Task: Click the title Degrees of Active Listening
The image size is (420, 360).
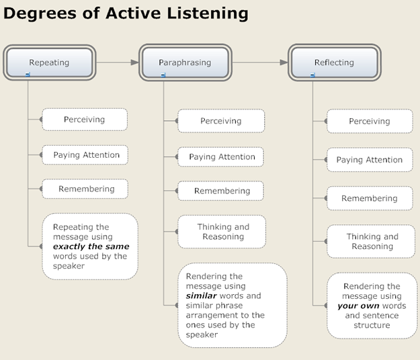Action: [126, 13]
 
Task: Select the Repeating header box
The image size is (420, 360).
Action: [49, 62]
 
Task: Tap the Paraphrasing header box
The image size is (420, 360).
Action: [185, 62]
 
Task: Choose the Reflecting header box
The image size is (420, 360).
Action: [334, 62]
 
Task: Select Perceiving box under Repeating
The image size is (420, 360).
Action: [85, 120]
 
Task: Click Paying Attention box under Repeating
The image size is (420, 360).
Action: [86, 155]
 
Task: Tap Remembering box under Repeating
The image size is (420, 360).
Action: [86, 189]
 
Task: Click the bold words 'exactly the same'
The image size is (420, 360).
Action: [91, 246]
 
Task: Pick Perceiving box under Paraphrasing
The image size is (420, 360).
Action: [221, 122]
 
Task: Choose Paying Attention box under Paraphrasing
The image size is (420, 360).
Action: [222, 157]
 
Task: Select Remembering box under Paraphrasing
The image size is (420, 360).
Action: [222, 191]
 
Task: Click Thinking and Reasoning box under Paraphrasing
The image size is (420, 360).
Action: [223, 232]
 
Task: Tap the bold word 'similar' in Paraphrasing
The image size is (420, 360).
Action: [201, 296]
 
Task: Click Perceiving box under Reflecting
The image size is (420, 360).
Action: [370, 122]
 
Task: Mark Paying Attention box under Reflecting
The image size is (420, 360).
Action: [370, 160]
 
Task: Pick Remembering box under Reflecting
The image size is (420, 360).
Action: [370, 198]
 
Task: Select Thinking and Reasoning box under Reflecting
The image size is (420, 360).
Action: [372, 241]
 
